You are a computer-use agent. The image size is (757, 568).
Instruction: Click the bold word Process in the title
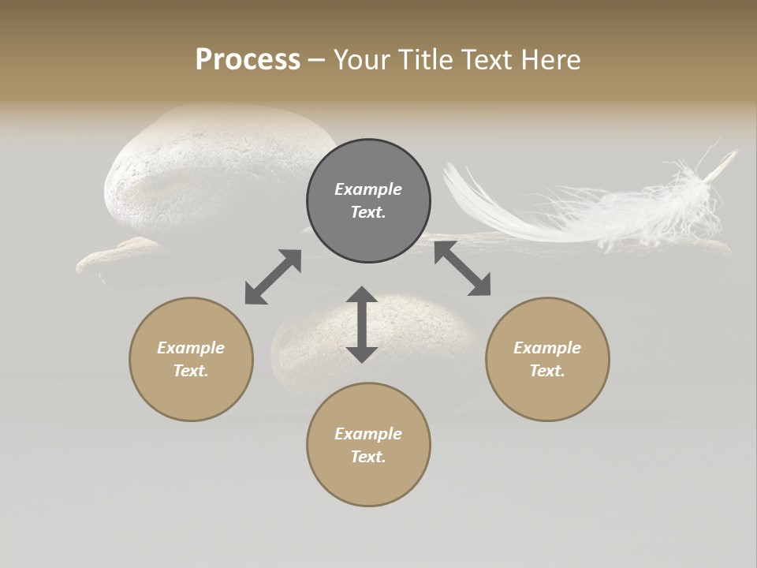point(248,60)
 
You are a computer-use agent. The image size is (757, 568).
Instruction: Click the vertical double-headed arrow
point(362,324)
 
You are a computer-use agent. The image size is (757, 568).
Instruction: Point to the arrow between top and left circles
point(273,277)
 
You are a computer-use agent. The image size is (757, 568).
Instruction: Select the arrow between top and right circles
point(462,269)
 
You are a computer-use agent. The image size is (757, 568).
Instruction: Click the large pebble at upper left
point(213,174)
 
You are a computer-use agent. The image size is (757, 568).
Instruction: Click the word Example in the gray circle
point(368,189)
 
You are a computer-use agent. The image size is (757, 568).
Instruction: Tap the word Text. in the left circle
point(191,371)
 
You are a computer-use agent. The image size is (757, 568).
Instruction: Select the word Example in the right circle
point(547,348)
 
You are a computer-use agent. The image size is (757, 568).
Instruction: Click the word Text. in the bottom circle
point(368,457)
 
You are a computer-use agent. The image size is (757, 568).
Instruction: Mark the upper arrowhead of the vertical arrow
point(362,296)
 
